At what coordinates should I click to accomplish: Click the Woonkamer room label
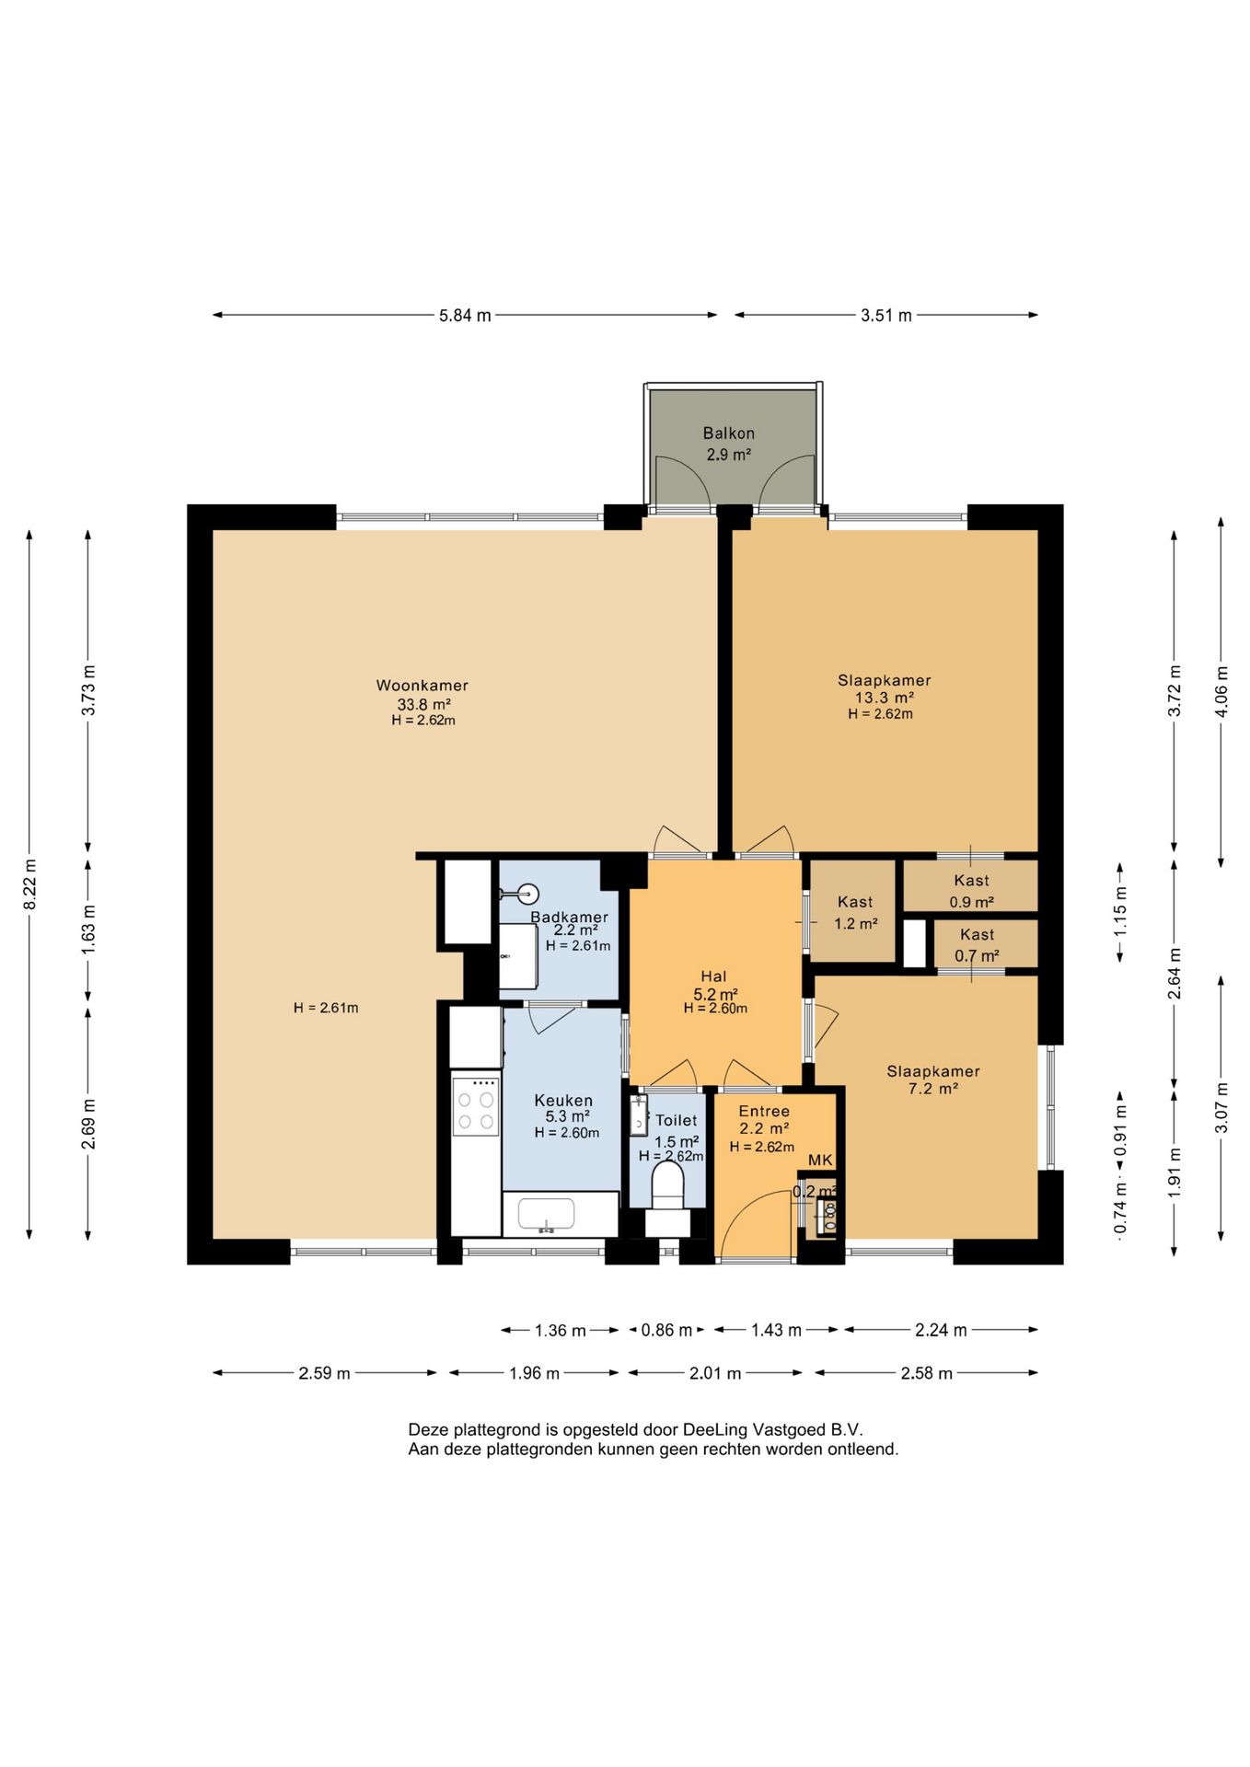click(x=422, y=686)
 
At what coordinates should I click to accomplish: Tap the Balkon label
click(x=729, y=433)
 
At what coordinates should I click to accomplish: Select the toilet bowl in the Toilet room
click(x=667, y=1184)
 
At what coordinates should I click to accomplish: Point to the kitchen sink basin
click(x=547, y=1215)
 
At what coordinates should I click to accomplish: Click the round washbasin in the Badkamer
click(x=528, y=894)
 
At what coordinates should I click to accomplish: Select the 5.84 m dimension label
click(x=465, y=316)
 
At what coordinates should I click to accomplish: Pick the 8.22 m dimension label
click(x=30, y=884)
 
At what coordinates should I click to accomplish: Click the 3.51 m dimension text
click(x=886, y=316)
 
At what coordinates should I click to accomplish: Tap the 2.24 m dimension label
click(x=941, y=1330)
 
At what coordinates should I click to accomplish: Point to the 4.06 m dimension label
click(x=1221, y=691)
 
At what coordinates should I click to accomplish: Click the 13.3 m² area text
click(x=885, y=698)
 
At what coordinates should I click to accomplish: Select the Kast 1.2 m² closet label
click(x=856, y=913)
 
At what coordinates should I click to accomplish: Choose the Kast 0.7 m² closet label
click(x=977, y=945)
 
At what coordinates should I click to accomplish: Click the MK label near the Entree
click(x=820, y=1161)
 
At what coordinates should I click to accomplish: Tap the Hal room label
click(x=713, y=976)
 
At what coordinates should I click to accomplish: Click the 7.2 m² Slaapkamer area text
click(x=933, y=1089)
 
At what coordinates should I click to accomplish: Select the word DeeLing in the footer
click(x=715, y=1430)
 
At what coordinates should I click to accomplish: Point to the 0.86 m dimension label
click(x=666, y=1330)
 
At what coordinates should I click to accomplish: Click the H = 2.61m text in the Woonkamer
click(x=326, y=1008)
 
